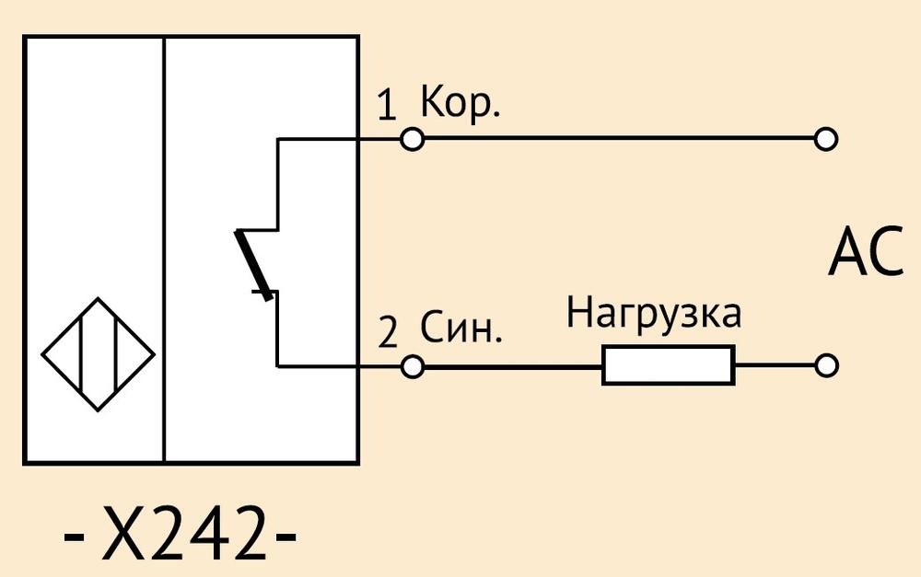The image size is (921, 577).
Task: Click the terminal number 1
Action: click(387, 105)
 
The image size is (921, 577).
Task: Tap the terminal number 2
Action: click(388, 332)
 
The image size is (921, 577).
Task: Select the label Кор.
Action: click(460, 104)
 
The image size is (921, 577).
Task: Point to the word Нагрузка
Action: click(654, 314)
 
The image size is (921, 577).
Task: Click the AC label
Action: click(866, 251)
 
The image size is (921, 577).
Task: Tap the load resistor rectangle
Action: click(669, 365)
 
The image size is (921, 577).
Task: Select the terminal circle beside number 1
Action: click(413, 140)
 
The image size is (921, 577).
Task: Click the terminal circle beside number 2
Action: click(413, 367)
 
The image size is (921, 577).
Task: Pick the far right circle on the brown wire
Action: click(826, 140)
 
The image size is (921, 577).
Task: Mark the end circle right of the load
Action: click(826, 365)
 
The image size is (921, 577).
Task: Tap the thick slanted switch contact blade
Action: click(254, 265)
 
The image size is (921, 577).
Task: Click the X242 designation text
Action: click(181, 533)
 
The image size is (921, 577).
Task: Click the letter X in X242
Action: click(123, 533)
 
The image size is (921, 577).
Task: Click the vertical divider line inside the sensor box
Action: click(165, 250)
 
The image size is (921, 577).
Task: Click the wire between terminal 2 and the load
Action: click(513, 367)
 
